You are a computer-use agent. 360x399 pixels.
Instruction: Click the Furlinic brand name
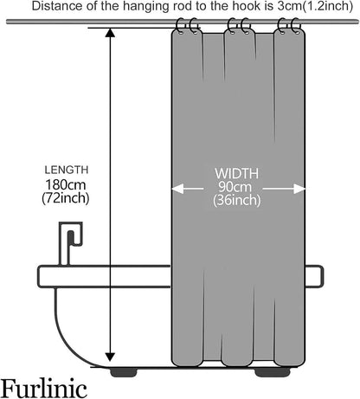pos(44,389)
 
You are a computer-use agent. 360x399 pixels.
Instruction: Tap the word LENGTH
pos(67,170)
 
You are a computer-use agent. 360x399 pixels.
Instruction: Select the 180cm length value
pos(66,184)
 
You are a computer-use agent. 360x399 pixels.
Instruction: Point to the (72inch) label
pos(66,198)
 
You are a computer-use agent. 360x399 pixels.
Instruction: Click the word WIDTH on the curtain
pos(236,173)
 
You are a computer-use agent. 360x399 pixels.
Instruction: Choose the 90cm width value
pos(235,187)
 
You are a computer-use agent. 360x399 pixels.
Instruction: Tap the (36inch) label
pos(237,200)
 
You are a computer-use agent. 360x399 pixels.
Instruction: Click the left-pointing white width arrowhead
pos(177,190)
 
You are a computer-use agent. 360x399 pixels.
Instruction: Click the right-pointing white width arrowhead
pos(299,190)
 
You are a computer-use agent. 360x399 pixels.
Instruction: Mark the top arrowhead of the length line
pos(110,33)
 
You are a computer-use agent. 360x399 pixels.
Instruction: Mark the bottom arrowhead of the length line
pos(110,357)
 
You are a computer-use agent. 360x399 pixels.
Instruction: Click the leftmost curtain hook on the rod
pos(180,26)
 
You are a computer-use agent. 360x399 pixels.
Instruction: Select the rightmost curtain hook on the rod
pos(296,26)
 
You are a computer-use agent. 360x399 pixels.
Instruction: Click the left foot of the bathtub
pos(124,372)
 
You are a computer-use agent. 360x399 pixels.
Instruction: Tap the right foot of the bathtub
pos(273,372)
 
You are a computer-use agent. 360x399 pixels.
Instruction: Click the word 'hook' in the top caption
pos(242,6)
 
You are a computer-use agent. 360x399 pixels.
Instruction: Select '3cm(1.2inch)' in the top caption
pos(315,7)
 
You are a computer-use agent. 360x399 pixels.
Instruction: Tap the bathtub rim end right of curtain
pos(314,276)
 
